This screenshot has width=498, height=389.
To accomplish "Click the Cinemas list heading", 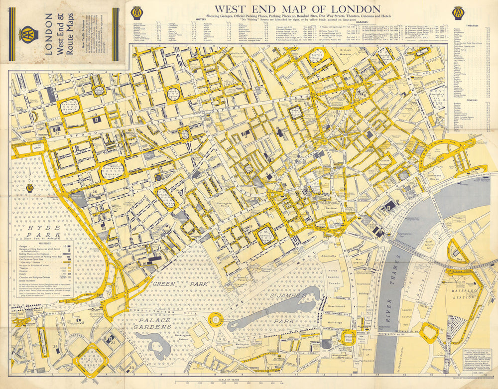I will tap(471, 100).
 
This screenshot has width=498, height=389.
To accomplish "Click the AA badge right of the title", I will tap(459, 13).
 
